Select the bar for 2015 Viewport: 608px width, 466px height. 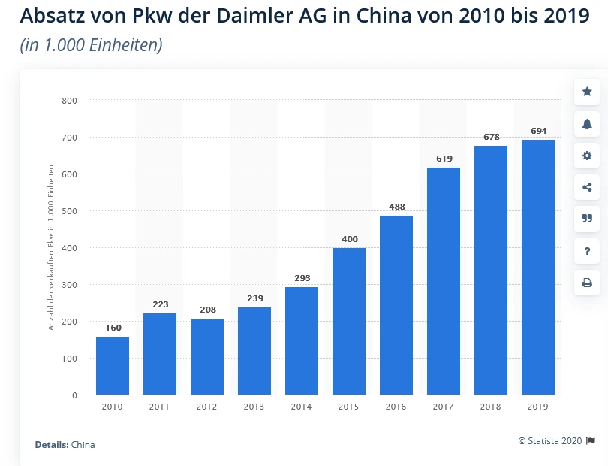point(349,321)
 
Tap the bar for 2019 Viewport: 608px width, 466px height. point(538,267)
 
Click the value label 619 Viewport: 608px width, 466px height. point(444,159)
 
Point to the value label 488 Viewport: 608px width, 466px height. point(396,207)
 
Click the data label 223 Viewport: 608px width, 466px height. point(160,304)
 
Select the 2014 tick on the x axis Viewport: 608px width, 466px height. point(302,407)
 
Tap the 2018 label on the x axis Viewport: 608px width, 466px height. point(491,407)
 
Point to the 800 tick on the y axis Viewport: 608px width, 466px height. point(70,100)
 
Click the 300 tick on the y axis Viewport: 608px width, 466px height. point(70,285)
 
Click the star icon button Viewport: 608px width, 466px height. point(587,92)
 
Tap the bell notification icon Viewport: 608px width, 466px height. point(587,124)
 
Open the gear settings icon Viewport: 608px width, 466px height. point(587,156)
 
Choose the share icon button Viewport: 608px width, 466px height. point(587,188)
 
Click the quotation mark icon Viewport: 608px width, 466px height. point(587,219)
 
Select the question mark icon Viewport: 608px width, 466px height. point(587,251)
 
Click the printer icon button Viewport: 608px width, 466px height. point(587,283)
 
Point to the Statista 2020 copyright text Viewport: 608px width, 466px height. point(551,441)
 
